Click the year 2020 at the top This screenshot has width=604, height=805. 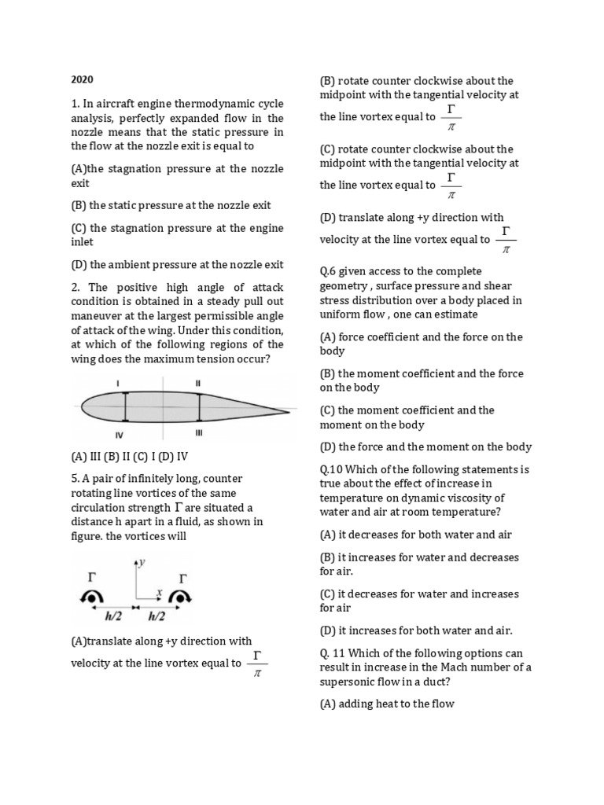(x=83, y=79)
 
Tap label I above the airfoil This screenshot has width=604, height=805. (x=118, y=383)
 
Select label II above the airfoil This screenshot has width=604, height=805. (x=198, y=383)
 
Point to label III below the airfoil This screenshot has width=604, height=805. (x=199, y=432)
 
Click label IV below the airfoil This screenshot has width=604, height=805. (x=120, y=433)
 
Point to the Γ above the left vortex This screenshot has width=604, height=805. (x=87, y=579)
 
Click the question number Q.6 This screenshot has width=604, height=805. (x=329, y=271)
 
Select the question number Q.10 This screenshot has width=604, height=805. (x=332, y=469)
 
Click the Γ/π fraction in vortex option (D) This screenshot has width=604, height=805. (x=506, y=240)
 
